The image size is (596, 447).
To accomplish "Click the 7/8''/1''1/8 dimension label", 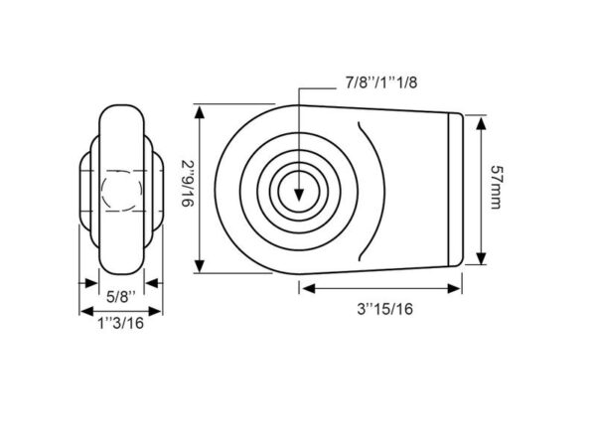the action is click(380, 82).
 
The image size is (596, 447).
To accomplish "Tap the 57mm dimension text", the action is click(496, 187).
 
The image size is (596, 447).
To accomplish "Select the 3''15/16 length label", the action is click(384, 309).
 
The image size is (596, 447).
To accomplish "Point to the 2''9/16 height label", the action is click(188, 184).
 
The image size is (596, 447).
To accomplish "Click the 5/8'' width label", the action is click(121, 296).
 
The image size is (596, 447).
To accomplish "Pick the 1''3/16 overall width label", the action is click(121, 323).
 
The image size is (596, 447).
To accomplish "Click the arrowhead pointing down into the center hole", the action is click(299, 195).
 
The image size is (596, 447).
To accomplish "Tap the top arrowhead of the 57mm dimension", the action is click(481, 124).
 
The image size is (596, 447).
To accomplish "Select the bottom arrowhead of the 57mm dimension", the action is click(481, 258).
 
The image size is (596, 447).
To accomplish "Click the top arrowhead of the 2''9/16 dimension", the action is click(200, 113).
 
